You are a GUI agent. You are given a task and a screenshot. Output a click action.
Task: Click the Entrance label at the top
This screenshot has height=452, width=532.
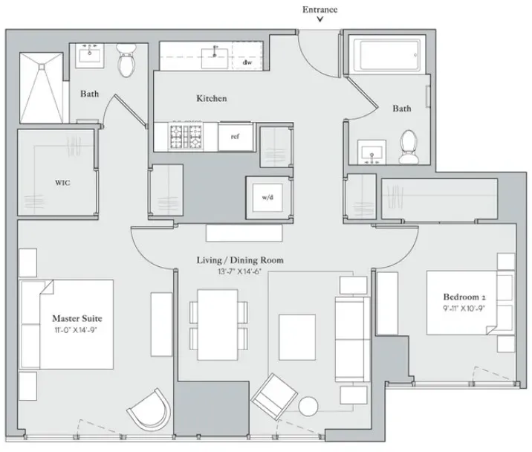[319, 9]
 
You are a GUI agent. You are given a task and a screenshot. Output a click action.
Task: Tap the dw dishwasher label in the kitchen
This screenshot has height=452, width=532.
[247, 62]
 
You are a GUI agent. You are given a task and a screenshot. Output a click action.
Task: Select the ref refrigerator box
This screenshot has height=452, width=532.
[235, 136]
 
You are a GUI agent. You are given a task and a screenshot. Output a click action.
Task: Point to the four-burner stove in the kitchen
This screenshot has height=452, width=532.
[186, 136]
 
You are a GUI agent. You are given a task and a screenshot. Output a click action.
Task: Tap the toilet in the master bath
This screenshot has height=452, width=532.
[126, 61]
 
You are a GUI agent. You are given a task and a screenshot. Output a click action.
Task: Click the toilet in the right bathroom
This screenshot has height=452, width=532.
[407, 146]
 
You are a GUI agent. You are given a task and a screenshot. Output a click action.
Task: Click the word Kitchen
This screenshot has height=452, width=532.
[211, 98]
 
